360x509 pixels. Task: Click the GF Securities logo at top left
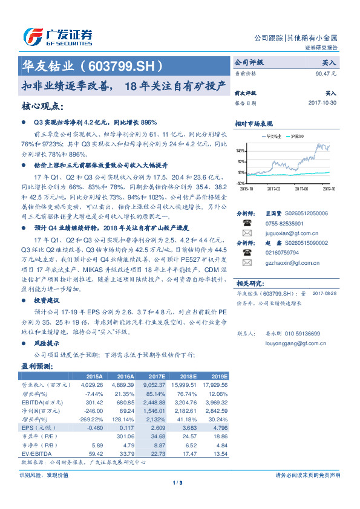(57, 36)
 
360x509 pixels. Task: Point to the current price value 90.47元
(326, 73)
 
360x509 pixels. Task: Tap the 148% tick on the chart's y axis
(241, 151)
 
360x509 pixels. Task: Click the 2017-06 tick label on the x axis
(302, 188)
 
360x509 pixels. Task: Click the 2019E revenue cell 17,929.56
(215, 384)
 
